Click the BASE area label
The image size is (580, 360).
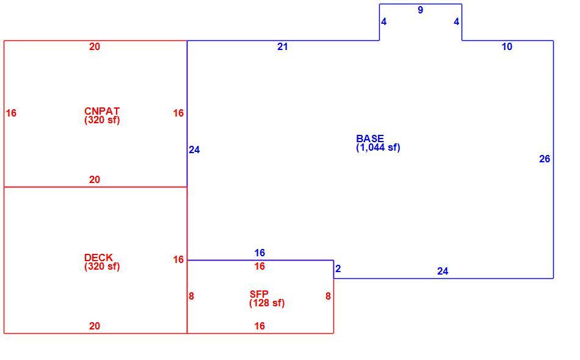coord(370,139)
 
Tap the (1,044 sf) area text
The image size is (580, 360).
coord(378,148)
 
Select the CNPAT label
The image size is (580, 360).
coord(102,111)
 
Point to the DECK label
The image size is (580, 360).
coord(98,257)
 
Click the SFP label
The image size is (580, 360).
coord(259,294)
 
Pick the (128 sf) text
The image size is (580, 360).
coord(267,303)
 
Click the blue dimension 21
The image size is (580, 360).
coord(282,46)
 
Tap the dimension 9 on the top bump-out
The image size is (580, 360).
coord(420,10)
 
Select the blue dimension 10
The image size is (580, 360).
coord(507,46)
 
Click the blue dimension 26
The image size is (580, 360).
coord(545,159)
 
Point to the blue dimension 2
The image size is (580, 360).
coord(338,268)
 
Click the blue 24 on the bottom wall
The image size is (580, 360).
coord(443,272)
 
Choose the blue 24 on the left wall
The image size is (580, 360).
coord(194,149)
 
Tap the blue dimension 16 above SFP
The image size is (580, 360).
coord(259,253)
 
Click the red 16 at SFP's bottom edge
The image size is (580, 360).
coord(259,326)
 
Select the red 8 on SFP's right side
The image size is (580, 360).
coord(328,296)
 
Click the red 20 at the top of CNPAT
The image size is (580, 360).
coord(94,46)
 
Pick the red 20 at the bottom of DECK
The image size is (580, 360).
coord(94,326)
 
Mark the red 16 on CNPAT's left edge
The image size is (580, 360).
coord(11,113)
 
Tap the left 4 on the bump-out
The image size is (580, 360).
coord(383,22)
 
